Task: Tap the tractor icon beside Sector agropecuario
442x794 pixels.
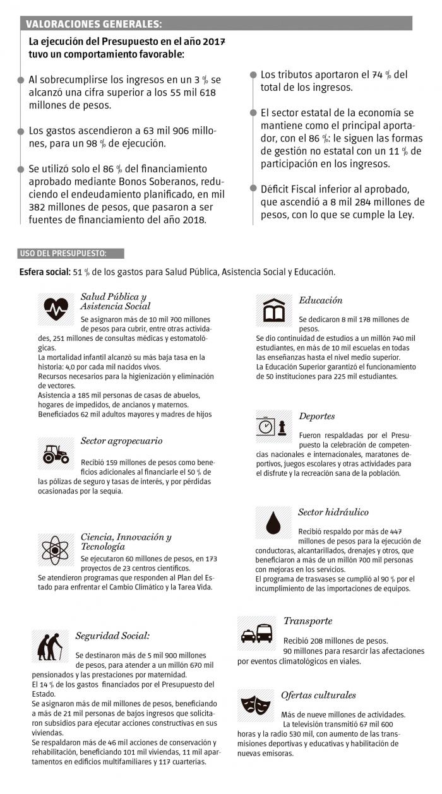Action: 56,453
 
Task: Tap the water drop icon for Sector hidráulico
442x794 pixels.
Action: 273,521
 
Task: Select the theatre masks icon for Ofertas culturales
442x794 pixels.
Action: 256,702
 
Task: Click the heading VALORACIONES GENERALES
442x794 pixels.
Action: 93,25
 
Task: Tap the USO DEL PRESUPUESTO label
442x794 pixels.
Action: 63,253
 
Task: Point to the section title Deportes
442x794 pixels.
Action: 316,417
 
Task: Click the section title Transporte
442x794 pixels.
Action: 308,621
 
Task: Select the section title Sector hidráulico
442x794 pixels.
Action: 333,512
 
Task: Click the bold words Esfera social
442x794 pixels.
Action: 44,272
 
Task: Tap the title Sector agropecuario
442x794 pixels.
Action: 121,441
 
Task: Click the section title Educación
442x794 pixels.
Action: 320,300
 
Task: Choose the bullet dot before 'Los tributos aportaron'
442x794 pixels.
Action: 253,74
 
